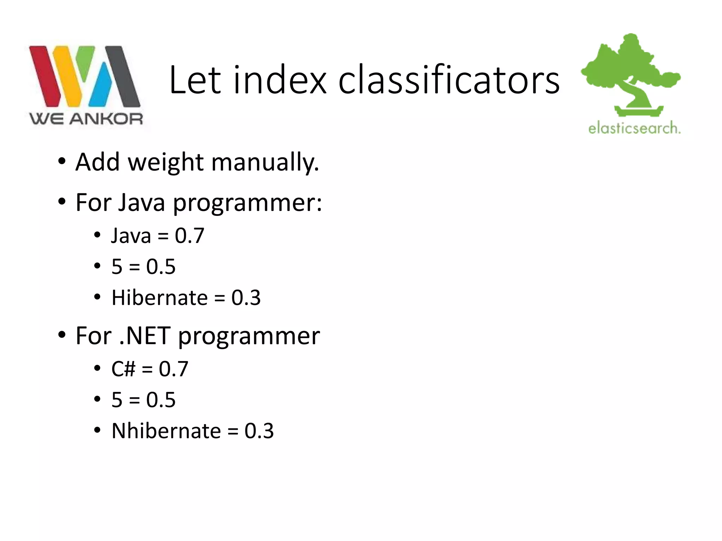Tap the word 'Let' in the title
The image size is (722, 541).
pyautogui.click(x=195, y=80)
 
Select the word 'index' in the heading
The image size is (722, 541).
pyautogui.click(x=280, y=80)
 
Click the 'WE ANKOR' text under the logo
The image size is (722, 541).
pyautogui.click(x=86, y=119)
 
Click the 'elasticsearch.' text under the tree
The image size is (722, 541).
pyautogui.click(x=634, y=128)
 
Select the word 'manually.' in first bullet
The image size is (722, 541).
pyautogui.click(x=265, y=162)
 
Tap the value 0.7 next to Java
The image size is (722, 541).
pyautogui.click(x=189, y=236)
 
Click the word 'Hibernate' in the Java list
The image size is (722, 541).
pyautogui.click(x=159, y=298)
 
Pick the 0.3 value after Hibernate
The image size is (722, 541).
pyautogui.click(x=246, y=298)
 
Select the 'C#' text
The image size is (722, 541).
pyautogui.click(x=123, y=369)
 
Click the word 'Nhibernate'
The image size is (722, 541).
pyautogui.click(x=166, y=431)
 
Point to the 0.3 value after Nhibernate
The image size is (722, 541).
pyautogui.click(x=259, y=431)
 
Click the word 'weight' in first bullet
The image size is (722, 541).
pyautogui.click(x=165, y=162)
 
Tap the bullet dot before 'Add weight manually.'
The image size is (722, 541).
pyautogui.click(x=62, y=162)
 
